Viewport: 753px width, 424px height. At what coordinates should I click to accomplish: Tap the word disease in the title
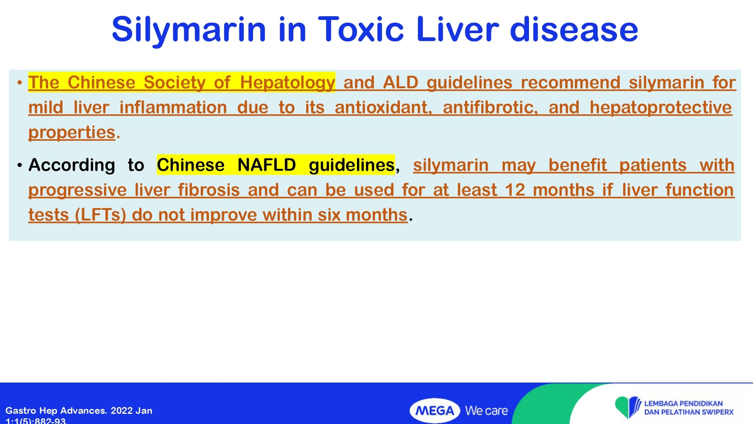point(574,29)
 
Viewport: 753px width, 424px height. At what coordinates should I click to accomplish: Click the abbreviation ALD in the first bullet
point(401,83)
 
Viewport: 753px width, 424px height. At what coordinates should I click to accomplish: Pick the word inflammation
point(173,107)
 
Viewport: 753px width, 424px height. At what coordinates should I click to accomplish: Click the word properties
point(72,133)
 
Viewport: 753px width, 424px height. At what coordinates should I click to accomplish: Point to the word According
point(72,165)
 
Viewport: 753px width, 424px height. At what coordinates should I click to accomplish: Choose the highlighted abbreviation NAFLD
point(267,165)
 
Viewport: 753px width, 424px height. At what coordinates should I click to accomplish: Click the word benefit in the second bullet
point(578,165)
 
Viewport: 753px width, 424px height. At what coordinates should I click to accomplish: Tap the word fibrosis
point(209,190)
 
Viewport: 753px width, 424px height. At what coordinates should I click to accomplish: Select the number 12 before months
point(515,190)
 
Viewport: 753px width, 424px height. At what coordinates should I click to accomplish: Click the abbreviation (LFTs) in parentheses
point(101,215)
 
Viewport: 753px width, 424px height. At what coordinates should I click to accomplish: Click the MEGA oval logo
point(435,410)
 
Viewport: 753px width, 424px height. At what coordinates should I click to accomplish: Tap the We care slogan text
point(486,411)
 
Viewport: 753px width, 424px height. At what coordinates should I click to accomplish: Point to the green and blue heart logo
point(628,407)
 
